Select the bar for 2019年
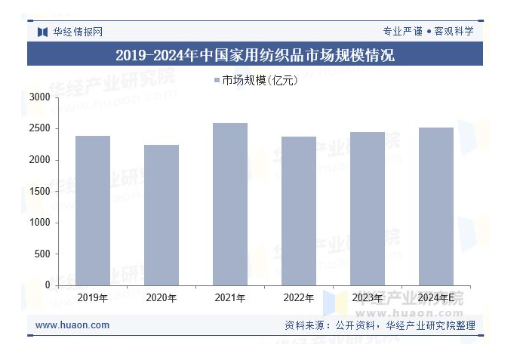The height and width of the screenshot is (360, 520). pyautogui.click(x=93, y=211)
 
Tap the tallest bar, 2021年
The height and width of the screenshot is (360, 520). pyautogui.click(x=230, y=204)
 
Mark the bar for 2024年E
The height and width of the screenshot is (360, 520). pyautogui.click(x=436, y=206)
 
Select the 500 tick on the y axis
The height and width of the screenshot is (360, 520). pyautogui.click(x=42, y=254)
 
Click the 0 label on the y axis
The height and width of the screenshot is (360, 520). pyautogui.click(x=47, y=285)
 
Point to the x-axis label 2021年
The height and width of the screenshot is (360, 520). pyautogui.click(x=230, y=298)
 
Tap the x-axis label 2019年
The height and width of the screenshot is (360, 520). pyautogui.click(x=93, y=298)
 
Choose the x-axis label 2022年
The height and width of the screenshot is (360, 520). pyautogui.click(x=299, y=298)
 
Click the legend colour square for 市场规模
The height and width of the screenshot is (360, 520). pyautogui.click(x=217, y=80)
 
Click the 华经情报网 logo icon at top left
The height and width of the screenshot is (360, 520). pyautogui.click(x=42, y=32)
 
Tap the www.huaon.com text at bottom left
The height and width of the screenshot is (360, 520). pyautogui.click(x=72, y=325)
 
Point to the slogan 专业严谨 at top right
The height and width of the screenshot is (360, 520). pyautogui.click(x=402, y=32)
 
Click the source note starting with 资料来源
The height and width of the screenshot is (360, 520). pyautogui.click(x=380, y=326)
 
